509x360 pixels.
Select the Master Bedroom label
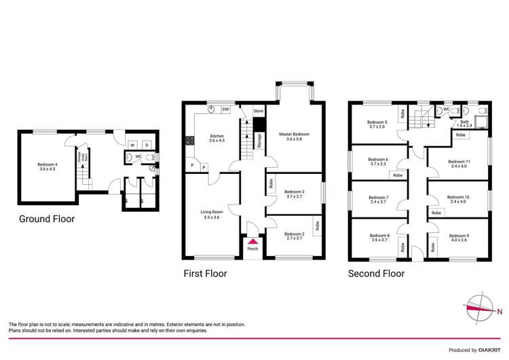[294, 137]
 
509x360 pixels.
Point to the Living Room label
[211, 214]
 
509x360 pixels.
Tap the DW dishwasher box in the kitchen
[225, 109]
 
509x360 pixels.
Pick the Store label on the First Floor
[258, 111]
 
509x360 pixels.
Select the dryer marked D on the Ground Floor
[147, 145]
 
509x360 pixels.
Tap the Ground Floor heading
[46, 219]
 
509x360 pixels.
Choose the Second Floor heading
[376, 274]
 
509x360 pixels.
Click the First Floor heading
[205, 274]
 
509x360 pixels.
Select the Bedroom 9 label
[459, 238]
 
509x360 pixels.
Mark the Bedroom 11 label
[459, 164]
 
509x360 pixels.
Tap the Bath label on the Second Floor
[464, 124]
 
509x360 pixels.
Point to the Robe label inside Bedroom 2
[316, 223]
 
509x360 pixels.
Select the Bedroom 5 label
[377, 124]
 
